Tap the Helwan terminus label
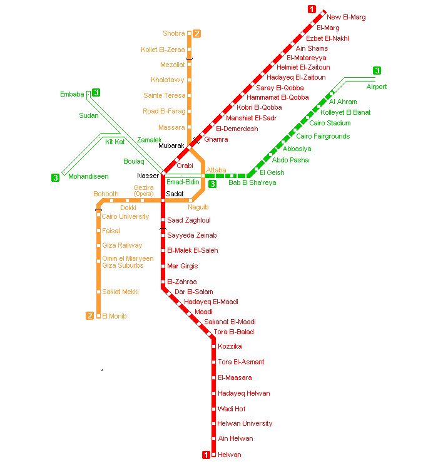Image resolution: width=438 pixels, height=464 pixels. click(229, 455)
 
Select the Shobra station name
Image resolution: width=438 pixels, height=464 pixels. click(174, 33)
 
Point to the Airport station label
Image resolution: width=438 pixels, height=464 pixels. click(377, 87)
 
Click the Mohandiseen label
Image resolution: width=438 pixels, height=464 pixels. click(88, 177)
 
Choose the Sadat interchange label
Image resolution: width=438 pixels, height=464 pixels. click(174, 194)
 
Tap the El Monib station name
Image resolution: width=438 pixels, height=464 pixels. click(114, 316)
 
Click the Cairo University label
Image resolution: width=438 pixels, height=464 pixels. click(125, 216)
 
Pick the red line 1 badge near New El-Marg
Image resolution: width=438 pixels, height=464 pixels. click(312, 9)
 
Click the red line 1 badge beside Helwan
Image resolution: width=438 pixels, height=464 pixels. click(206, 455)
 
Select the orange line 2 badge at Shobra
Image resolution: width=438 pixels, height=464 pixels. click(196, 33)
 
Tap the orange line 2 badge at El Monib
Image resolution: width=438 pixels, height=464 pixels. click(90, 316)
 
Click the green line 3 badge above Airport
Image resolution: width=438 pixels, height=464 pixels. click(377, 70)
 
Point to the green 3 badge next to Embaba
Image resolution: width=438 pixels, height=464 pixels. click(96, 93)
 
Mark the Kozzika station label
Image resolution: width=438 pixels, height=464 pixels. click(230, 346)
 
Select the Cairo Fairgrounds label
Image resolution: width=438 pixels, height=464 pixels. click(323, 136)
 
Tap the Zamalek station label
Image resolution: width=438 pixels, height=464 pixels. click(149, 140)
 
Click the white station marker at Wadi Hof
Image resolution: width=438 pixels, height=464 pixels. click(213, 409)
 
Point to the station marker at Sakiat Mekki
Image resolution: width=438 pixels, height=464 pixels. click(98, 292)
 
